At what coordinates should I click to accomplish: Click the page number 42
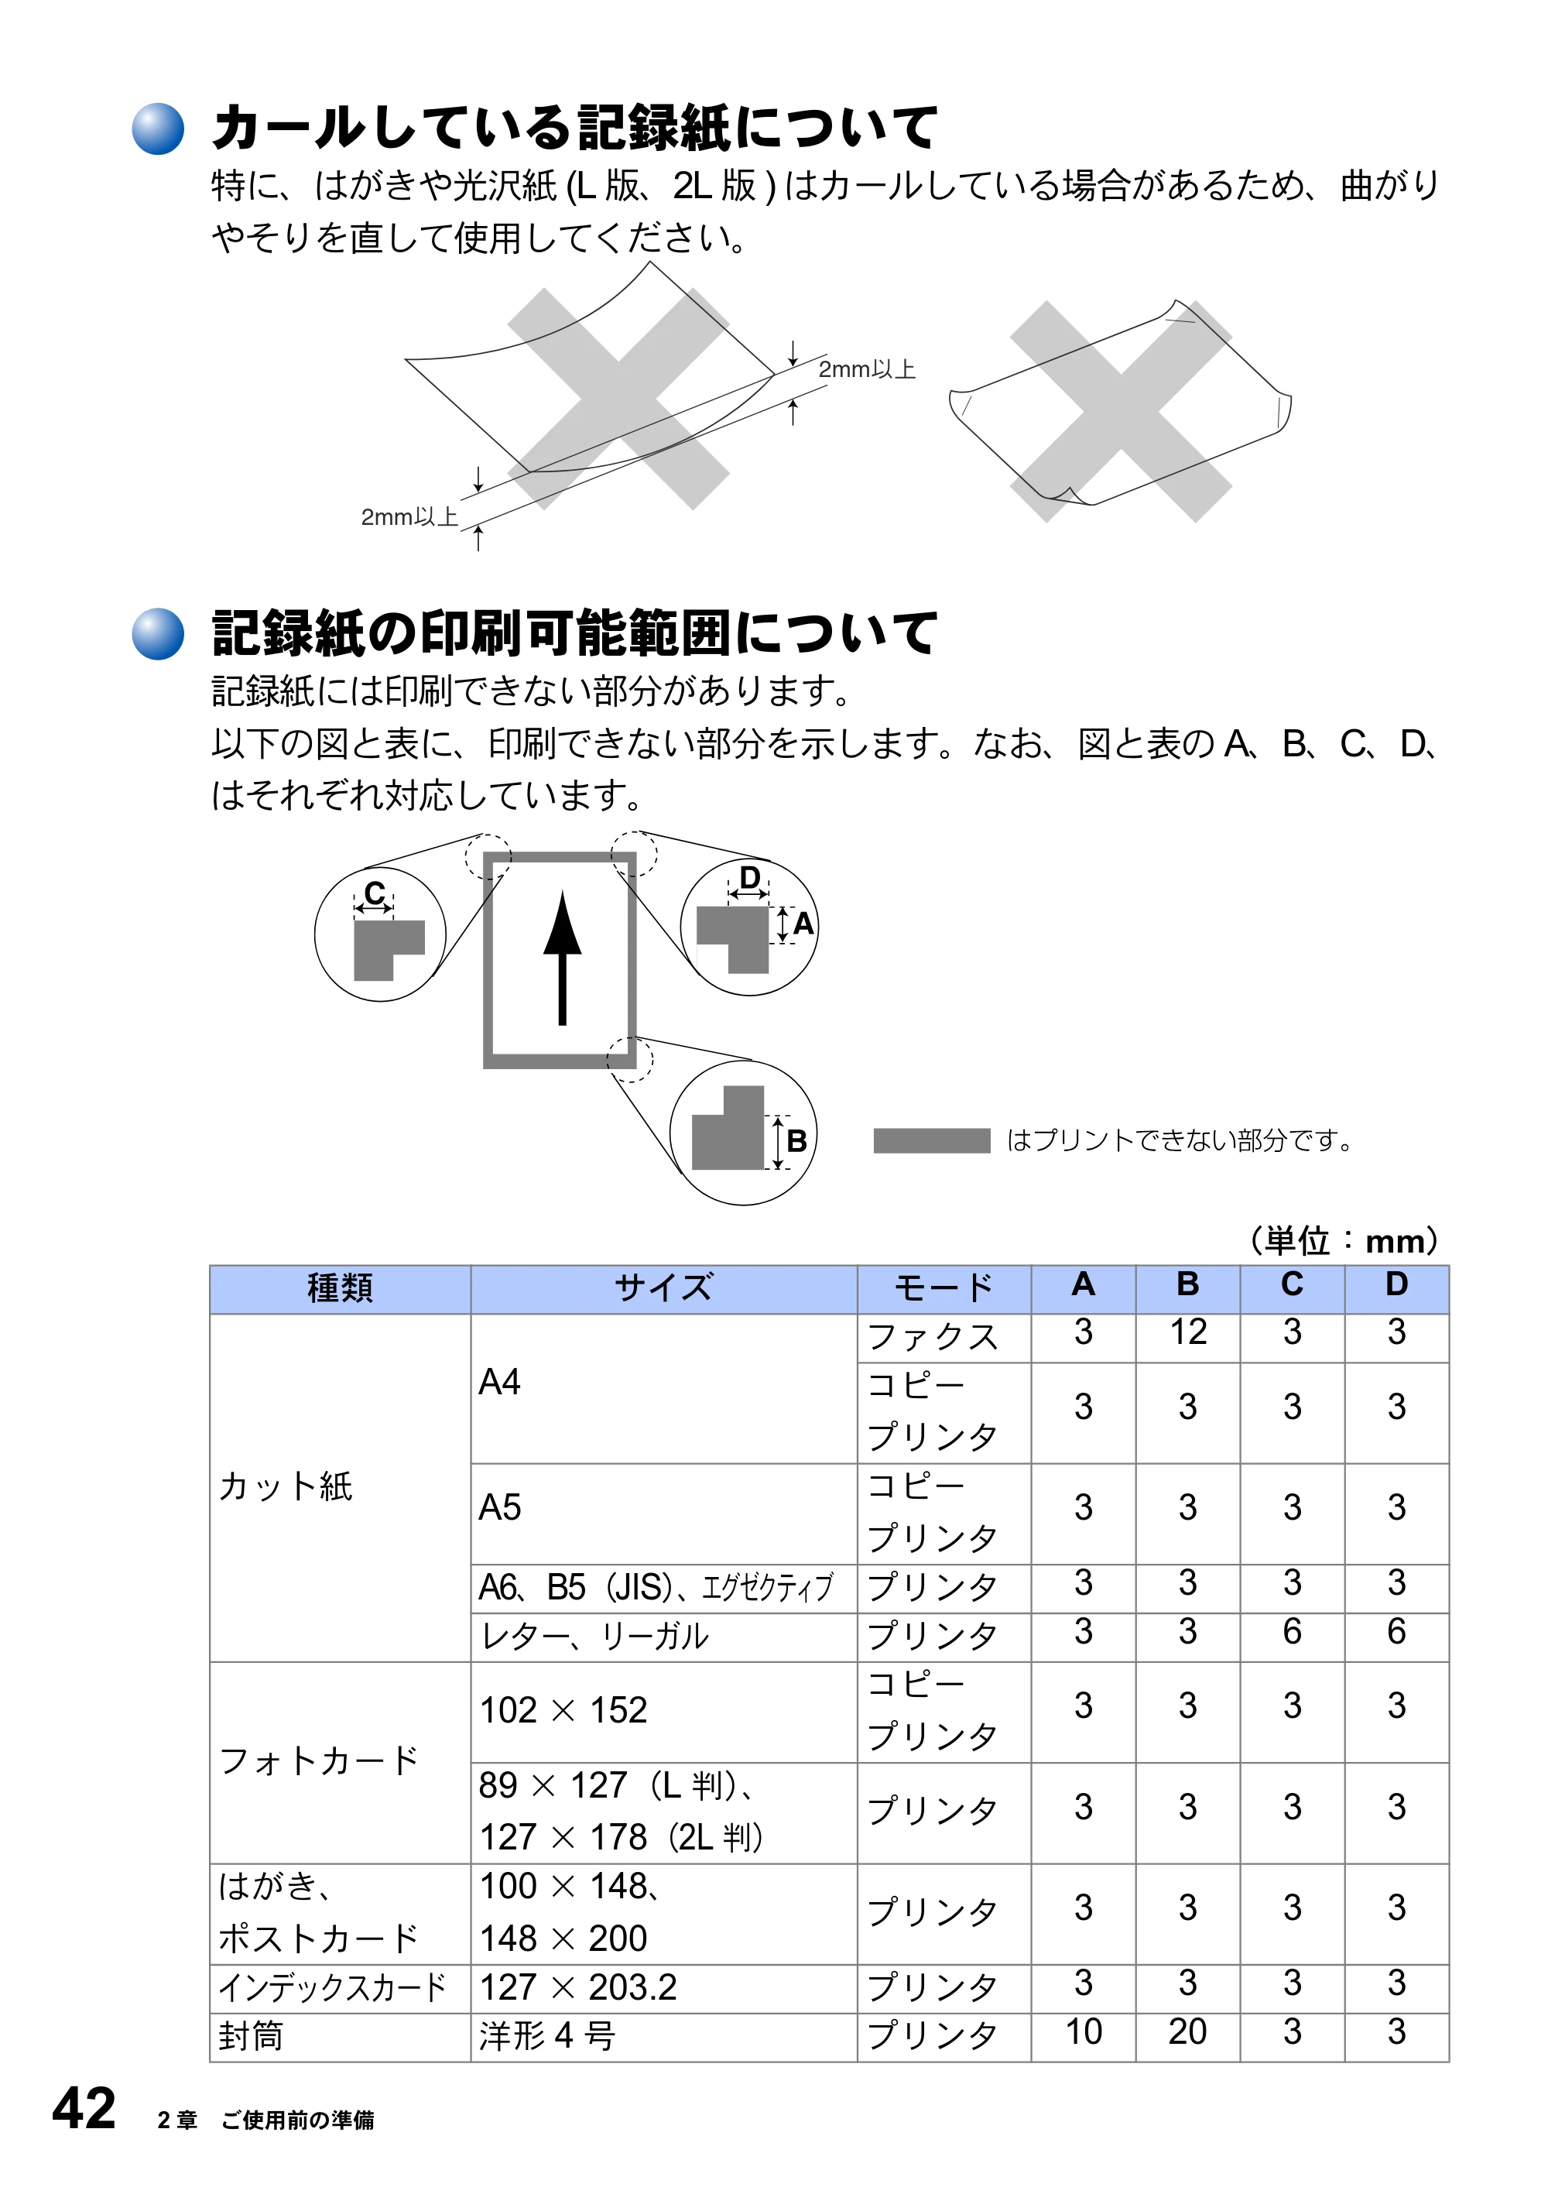pos(84,2107)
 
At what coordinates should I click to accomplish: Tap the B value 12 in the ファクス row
pos(1188,1331)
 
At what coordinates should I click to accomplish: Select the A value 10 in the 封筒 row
pos(1083,2031)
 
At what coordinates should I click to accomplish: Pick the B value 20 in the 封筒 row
pos(1188,2031)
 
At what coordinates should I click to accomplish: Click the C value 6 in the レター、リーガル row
pos(1292,1631)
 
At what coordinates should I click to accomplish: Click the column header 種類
pos(341,1287)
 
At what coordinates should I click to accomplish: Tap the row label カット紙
pos(286,1486)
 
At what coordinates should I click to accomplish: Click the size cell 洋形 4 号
pos(546,2035)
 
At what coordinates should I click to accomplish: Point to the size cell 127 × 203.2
pos(578,1987)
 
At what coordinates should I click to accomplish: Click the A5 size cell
pos(500,1507)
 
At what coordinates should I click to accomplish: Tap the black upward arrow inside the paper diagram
pos(563,958)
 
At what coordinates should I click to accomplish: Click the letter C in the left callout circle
pos(375,893)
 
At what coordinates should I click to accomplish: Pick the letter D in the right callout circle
pos(750,877)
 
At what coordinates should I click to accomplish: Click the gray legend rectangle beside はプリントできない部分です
pos(932,1141)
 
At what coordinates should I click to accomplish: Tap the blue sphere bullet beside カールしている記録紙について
pos(158,128)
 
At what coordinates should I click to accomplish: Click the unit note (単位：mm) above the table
pos(1344,1240)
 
